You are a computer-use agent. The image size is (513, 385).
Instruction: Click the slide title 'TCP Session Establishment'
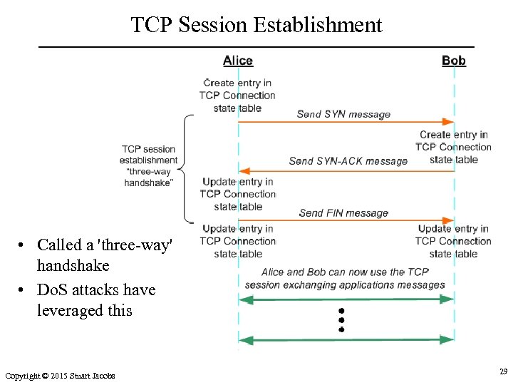tap(256, 25)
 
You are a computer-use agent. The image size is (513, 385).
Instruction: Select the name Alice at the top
tap(238, 61)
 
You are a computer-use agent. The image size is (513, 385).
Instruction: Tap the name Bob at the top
tap(454, 61)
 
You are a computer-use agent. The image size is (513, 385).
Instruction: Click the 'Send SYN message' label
tap(343, 114)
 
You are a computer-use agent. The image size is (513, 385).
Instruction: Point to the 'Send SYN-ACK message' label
tap(348, 161)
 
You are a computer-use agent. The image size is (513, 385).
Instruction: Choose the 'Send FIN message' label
tap(343, 213)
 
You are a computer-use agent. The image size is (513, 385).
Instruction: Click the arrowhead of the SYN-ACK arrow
tap(244, 171)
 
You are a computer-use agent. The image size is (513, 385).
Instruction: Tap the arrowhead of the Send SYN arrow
tap(449, 123)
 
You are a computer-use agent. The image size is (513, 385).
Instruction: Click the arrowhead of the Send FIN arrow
tap(449, 222)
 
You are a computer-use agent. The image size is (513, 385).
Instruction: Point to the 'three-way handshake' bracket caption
tap(148, 165)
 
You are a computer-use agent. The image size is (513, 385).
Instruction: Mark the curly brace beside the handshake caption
tap(187, 169)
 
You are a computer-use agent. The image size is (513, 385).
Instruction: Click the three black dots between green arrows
tap(341, 321)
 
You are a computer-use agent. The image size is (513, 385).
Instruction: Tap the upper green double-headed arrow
tap(346, 300)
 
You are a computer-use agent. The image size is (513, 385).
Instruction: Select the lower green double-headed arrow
tap(346, 340)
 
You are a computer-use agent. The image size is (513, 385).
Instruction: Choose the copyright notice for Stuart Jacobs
tap(60, 376)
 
